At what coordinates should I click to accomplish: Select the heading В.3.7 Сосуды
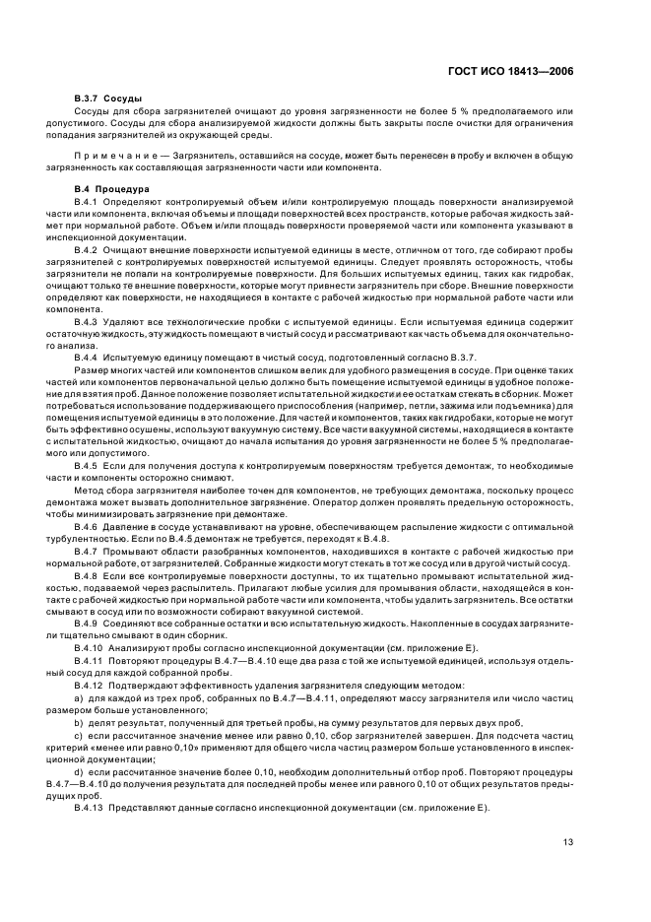coord(108,99)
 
